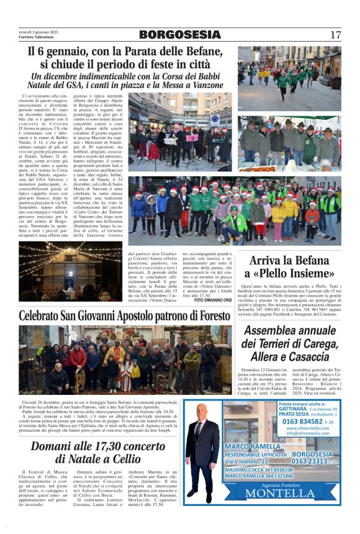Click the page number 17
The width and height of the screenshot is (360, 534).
click(336, 35)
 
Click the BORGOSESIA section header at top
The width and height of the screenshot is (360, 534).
click(179, 35)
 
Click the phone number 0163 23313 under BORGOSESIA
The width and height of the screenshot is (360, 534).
click(311, 461)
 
